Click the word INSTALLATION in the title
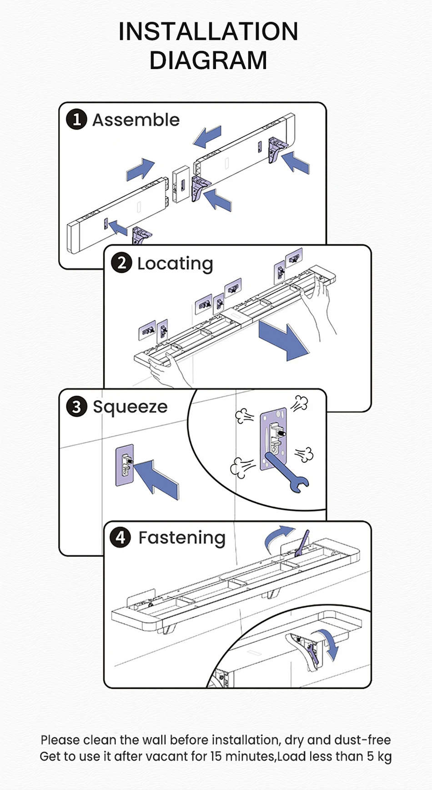[208, 32]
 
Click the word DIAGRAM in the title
[208, 60]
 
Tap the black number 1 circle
[76, 120]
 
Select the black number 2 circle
[121, 263]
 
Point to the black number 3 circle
[76, 406]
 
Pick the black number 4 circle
[120, 537]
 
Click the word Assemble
[136, 120]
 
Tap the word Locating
[175, 264]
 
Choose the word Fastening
[182, 538]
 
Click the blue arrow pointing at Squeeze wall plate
[157, 479]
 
